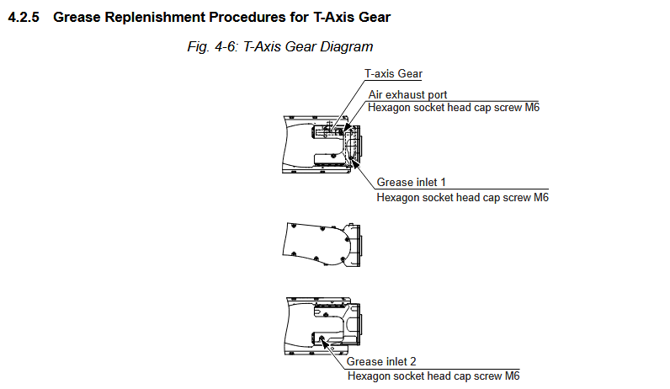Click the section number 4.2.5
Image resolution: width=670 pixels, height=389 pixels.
click(24, 18)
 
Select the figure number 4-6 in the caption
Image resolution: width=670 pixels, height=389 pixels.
click(225, 46)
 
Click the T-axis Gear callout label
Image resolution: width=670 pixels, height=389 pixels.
click(393, 74)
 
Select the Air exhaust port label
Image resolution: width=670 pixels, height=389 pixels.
click(407, 94)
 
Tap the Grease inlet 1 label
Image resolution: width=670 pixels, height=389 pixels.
click(411, 183)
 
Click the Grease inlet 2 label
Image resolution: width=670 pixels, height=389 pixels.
click(381, 362)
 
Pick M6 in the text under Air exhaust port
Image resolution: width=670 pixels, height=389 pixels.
click(532, 107)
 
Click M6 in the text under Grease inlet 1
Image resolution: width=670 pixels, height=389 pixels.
click(541, 198)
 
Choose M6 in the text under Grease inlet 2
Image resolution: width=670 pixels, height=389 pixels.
click(512, 376)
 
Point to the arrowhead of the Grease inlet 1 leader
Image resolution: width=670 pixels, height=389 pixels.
click(354, 162)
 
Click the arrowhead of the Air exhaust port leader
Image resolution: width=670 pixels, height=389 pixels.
click(347, 127)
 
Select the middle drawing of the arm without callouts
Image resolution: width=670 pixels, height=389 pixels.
click(322, 245)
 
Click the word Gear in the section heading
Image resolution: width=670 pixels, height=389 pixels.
click(375, 18)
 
